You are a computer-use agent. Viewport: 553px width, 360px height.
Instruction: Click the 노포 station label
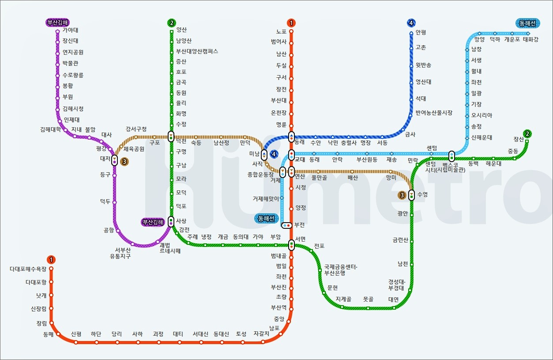point(282,32)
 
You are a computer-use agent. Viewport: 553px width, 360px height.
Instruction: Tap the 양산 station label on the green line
point(181,30)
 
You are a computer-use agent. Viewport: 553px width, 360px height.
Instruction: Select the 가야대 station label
point(71,30)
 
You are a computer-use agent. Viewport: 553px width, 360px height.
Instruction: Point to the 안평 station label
point(421,33)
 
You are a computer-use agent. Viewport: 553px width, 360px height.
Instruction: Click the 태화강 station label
point(530,39)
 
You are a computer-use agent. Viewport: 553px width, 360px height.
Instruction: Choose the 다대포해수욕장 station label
point(28,269)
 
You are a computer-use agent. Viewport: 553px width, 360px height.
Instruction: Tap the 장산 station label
point(519,139)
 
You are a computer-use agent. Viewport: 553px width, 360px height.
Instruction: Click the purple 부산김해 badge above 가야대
point(58,23)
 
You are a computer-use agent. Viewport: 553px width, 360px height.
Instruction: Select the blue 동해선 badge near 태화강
point(527,23)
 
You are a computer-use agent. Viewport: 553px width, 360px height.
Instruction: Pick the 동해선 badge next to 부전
point(266,218)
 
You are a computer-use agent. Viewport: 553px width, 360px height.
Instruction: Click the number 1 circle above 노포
point(291,23)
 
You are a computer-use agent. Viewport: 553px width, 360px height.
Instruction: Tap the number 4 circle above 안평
point(411,23)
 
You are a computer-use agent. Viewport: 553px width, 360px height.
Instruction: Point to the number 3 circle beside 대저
point(124,162)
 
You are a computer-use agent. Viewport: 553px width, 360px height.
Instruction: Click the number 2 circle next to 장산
point(527,133)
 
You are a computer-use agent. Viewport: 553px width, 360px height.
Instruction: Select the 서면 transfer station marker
point(291,244)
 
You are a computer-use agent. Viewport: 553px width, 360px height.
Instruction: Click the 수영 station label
point(422,194)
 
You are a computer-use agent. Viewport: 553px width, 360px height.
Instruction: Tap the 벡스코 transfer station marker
point(451,156)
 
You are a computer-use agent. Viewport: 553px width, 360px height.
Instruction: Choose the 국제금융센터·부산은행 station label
point(340,270)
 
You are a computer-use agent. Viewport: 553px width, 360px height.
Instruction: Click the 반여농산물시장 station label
point(434,113)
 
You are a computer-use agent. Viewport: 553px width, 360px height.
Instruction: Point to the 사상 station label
point(181,221)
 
